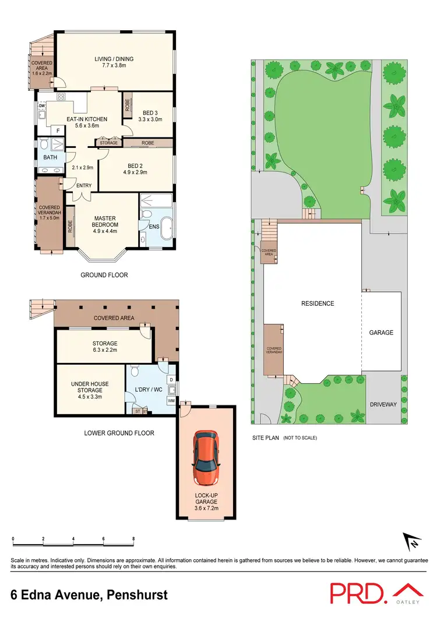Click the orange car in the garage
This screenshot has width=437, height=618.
tap(207, 460)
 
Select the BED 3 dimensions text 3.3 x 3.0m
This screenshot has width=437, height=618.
tap(149, 118)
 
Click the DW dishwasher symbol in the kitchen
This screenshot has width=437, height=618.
tap(42, 106)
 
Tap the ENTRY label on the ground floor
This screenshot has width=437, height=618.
tap(84, 186)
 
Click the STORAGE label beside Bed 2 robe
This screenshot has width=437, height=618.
tap(109, 143)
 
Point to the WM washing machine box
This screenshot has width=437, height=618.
tap(171, 401)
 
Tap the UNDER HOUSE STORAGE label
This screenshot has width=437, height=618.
tap(86, 387)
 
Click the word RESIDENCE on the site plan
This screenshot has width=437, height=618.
tap(317, 303)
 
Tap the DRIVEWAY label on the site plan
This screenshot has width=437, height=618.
tap(383, 404)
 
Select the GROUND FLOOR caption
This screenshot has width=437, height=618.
tap(105, 275)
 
